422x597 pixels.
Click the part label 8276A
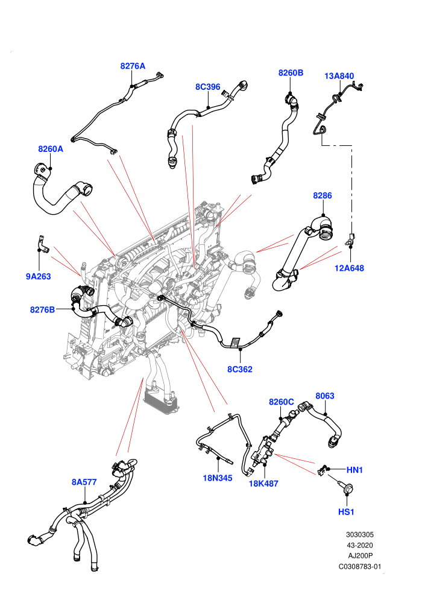point(133,66)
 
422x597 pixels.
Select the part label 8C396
point(208,87)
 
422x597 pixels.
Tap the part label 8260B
point(291,73)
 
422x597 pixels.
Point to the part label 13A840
point(339,76)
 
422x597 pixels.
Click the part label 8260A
point(51,149)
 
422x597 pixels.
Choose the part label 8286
point(323,195)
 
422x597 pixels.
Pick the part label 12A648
point(349,268)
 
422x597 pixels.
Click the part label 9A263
point(39,276)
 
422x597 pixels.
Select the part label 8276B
point(43,309)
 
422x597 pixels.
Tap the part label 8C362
point(240,369)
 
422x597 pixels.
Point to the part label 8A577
point(84,482)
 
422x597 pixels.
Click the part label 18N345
point(218,478)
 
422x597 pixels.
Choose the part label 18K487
point(263,484)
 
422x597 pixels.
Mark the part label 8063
point(325,396)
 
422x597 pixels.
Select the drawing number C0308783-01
point(360,566)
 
